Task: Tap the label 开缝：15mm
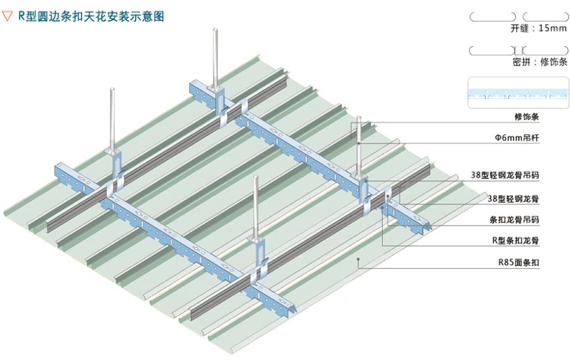pyautogui.click(x=539, y=29)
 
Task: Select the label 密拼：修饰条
pyautogui.click(x=539, y=62)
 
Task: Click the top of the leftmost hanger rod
pyautogui.click(x=113, y=88)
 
